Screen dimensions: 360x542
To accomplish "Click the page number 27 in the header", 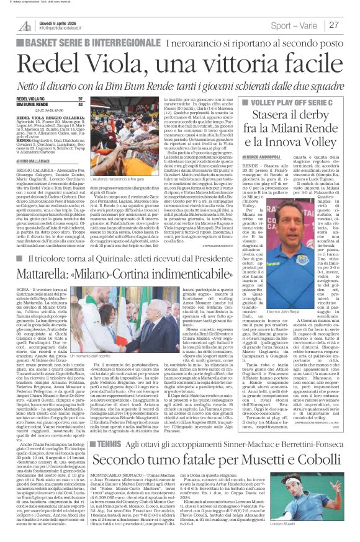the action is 351,25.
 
